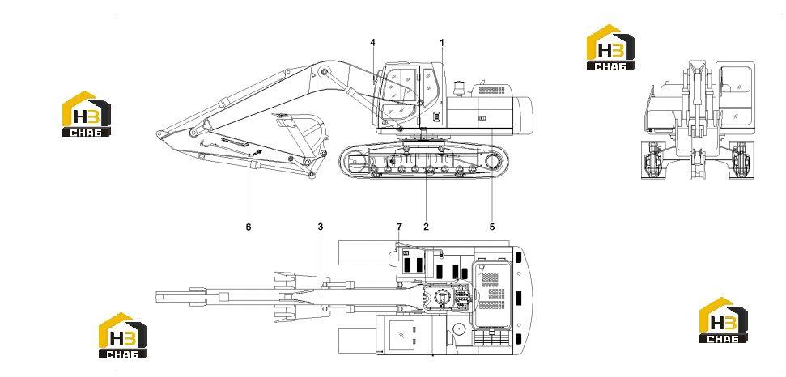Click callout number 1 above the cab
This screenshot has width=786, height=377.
(442, 43)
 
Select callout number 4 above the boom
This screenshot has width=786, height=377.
(372, 43)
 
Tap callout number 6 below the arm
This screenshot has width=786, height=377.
(249, 227)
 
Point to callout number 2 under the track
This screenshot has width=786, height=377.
(426, 227)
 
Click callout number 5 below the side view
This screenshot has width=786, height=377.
(491, 227)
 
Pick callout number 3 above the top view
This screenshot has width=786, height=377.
(321, 227)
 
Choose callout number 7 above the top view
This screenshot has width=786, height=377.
(399, 227)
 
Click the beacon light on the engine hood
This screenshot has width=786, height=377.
(457, 89)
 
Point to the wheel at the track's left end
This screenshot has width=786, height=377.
(355, 163)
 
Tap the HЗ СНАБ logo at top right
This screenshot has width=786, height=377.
(611, 47)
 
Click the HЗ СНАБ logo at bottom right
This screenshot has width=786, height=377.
(724, 320)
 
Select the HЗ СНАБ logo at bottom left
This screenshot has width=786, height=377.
(123, 336)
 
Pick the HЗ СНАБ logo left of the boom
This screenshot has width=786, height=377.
(87, 113)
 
